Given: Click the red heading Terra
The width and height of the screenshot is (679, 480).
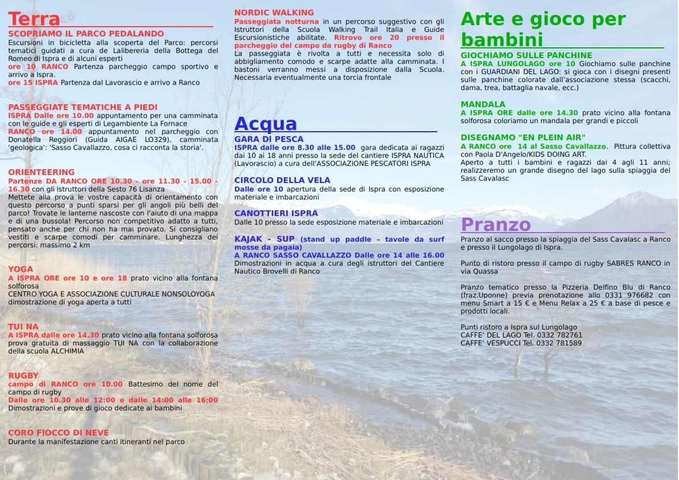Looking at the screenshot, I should click(x=34, y=19).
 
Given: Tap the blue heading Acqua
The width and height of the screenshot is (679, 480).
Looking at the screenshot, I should click(x=266, y=124).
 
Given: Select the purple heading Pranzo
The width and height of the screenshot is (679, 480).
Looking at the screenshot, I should click(x=495, y=224).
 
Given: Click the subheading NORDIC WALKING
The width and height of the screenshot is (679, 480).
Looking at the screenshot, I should click(x=274, y=13).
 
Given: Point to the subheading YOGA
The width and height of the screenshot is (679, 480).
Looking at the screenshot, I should click(x=21, y=269).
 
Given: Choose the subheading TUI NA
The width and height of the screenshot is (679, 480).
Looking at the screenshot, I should click(x=23, y=327).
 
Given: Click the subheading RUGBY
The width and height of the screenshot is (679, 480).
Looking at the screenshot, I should click(x=23, y=376).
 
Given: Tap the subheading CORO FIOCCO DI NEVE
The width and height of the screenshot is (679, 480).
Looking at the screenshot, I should click(x=58, y=433).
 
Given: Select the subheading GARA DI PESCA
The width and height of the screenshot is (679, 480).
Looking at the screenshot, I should click(x=269, y=139).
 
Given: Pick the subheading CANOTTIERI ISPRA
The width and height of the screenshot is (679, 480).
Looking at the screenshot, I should click(x=276, y=213).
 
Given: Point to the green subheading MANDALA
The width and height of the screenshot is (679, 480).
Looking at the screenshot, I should click(x=483, y=104).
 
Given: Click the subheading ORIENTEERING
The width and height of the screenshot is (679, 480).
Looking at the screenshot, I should click(x=41, y=172).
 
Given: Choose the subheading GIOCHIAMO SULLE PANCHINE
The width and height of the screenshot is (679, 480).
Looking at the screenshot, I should click(x=526, y=55).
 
